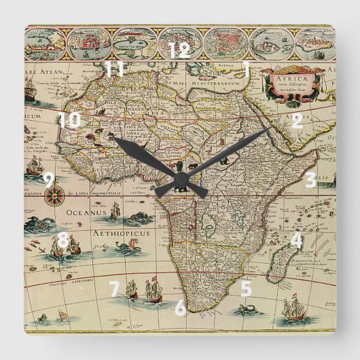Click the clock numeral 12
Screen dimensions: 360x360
click(x=179, y=50)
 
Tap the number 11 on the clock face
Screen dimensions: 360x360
click(x=115, y=69)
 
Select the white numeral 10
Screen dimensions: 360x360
click(x=69, y=121)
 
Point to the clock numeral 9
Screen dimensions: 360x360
click(x=48, y=180)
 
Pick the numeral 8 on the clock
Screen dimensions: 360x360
click(x=62, y=240)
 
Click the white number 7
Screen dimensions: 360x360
click(x=114, y=289)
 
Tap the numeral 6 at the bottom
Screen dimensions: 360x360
click(x=180, y=308)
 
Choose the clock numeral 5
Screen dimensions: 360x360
click(x=245, y=288)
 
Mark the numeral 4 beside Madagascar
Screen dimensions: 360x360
click(x=295, y=240)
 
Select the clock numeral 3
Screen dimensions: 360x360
click(x=310, y=180)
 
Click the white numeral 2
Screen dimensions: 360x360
click(x=297, y=122)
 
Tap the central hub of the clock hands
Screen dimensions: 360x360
click(x=181, y=180)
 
